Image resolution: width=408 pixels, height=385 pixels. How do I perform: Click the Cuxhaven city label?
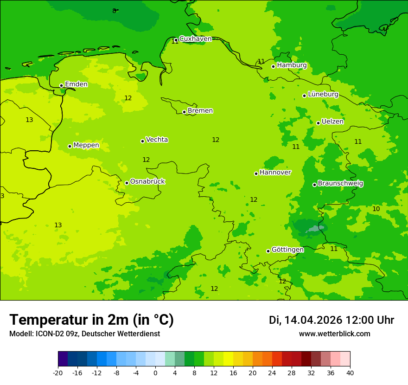point(195,38)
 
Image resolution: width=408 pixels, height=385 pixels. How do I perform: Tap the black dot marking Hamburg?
point(274,66)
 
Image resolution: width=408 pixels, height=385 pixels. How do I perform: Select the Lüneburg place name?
point(323,94)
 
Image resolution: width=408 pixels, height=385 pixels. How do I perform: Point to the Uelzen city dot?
point(318,123)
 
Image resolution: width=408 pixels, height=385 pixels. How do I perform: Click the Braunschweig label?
point(340,183)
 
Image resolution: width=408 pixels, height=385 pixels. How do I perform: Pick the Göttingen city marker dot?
point(268,251)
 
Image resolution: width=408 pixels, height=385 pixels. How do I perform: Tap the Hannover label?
point(275,172)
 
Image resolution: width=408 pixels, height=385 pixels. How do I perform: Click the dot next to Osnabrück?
point(127,183)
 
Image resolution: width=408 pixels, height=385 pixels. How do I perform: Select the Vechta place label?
point(157,140)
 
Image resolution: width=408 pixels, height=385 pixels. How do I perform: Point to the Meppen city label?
point(86,145)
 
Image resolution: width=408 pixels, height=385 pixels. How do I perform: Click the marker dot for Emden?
point(61,85)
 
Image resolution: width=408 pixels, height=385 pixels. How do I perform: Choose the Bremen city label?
point(200,110)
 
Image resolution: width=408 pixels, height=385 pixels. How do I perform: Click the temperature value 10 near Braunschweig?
point(376,209)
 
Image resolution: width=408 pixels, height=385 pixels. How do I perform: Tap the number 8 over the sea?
point(114,11)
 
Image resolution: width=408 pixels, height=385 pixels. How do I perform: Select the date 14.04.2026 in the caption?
point(313,320)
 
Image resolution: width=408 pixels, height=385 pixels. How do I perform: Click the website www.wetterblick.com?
point(334,334)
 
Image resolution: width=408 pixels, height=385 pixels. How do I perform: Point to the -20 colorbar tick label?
point(58,373)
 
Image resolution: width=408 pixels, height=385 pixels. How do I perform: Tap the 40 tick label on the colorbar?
point(350,373)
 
